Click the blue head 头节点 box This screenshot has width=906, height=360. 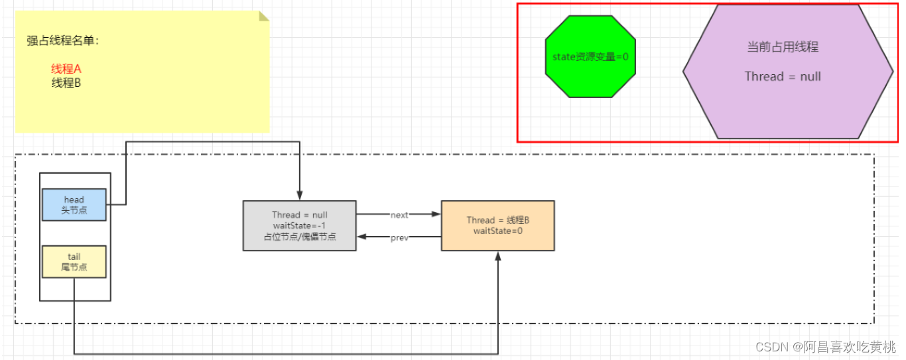tap(74, 205)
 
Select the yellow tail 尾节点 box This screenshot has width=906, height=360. tap(74, 262)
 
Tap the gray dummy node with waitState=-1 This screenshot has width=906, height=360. tap(299, 225)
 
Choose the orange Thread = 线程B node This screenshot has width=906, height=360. tap(498, 225)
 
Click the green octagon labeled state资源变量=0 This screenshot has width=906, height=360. tap(590, 56)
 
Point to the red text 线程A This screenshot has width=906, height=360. tap(66, 69)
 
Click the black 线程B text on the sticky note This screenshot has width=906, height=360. tap(66, 83)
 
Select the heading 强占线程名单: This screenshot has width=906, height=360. tap(63, 40)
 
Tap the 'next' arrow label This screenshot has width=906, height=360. tap(399, 215)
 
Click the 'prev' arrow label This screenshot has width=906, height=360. tap(399, 237)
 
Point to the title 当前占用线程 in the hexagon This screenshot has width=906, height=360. tap(783, 47)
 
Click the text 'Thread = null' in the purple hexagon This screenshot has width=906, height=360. tap(783, 76)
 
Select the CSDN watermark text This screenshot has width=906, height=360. tap(826, 347)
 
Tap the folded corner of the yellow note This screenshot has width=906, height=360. tap(263, 16)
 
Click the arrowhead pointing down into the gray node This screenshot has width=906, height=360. tap(300, 196)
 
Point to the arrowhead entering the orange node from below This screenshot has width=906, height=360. tap(498, 256)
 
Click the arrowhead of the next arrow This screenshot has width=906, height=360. tap(436, 214)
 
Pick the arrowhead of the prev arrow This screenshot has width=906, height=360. tap(361, 237)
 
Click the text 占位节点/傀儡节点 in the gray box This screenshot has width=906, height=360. tap(300, 237)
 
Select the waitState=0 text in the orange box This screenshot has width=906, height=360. tap(498, 231)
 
